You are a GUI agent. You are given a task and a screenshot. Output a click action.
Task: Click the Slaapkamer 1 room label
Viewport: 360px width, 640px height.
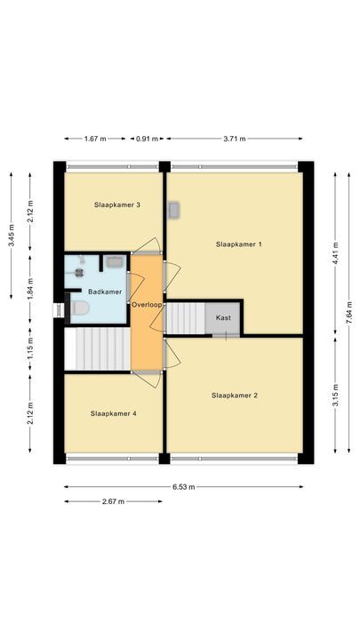239,244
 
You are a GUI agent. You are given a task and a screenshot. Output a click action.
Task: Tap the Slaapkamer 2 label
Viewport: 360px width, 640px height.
235,395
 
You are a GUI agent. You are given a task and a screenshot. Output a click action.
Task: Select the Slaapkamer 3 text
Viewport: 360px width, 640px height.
117,204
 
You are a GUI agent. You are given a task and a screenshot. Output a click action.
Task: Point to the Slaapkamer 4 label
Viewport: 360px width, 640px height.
114,413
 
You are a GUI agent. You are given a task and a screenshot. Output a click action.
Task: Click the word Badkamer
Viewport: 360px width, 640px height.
105,292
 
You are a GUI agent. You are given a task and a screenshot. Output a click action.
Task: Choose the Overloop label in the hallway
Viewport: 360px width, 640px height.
147,305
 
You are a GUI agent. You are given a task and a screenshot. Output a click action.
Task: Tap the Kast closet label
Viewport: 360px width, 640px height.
223,317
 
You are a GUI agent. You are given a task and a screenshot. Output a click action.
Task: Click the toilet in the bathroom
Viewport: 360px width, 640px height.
79,308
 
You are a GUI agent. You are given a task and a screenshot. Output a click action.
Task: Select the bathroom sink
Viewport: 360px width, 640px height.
114,261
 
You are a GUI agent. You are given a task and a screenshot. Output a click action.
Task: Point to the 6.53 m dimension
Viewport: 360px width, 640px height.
184,486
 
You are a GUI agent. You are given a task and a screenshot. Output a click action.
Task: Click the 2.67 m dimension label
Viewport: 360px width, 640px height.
113,501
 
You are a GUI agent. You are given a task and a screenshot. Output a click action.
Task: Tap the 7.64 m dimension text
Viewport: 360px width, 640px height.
349,313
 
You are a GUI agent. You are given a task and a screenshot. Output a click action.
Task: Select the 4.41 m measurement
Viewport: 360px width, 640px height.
335,253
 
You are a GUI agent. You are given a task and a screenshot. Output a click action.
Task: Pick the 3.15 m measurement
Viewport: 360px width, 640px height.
335,395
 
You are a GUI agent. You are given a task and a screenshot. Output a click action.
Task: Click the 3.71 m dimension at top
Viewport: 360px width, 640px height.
235,139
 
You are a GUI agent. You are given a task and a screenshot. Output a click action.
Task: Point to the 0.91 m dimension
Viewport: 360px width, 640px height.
147,139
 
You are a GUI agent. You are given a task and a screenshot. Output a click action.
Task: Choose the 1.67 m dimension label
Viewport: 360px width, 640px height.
95,139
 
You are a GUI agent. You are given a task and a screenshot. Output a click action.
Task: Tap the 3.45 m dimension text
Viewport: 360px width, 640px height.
11,236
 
